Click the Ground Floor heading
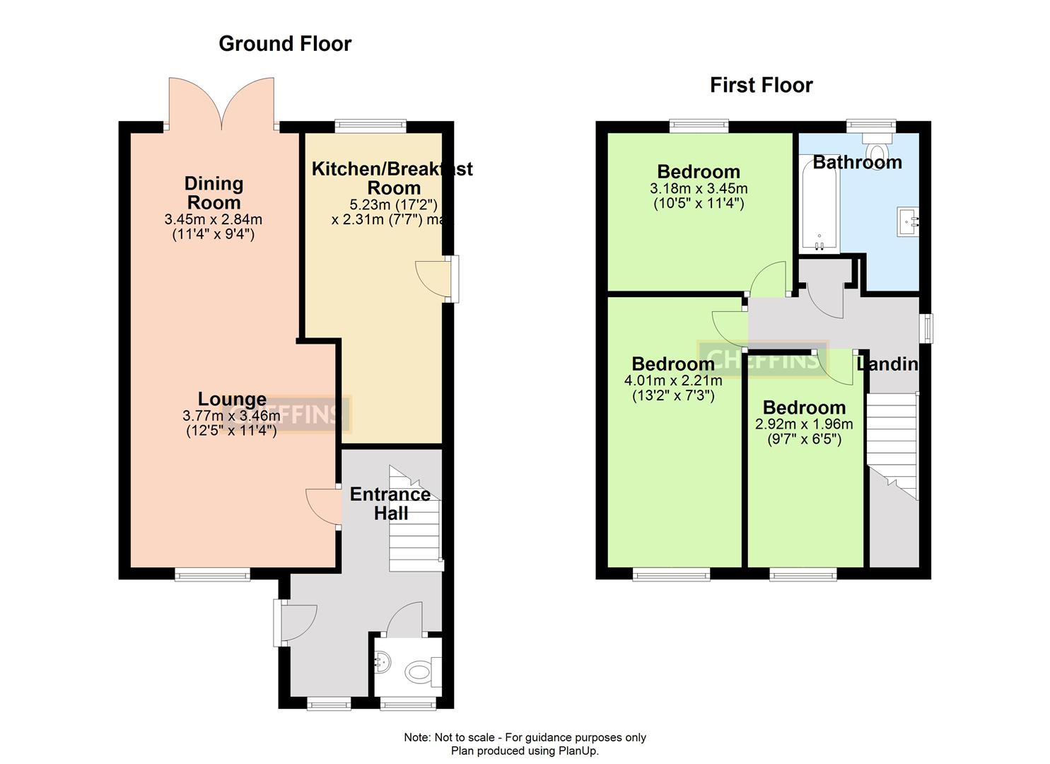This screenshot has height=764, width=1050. click(x=285, y=44)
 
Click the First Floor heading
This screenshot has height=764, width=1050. click(x=761, y=86)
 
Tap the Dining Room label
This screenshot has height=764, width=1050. click(x=214, y=192)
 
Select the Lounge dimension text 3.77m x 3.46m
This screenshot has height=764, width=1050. click(x=231, y=416)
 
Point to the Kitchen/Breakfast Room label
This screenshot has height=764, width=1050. click(x=392, y=178)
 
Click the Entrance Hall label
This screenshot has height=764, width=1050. click(x=390, y=504)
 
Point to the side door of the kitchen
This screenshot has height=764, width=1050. click(x=433, y=279)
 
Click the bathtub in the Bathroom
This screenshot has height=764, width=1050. click(x=819, y=205)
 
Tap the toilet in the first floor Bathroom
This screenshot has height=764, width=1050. click(x=877, y=150)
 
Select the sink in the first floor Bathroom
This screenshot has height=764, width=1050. click(x=907, y=221)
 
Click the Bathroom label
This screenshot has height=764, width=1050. click(x=857, y=163)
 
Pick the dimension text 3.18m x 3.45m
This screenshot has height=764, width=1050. click(x=699, y=190)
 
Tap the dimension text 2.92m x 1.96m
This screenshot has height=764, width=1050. click(x=804, y=425)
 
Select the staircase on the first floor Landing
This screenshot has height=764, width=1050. click(x=892, y=446)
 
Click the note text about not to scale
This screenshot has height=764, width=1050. click(x=525, y=738)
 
